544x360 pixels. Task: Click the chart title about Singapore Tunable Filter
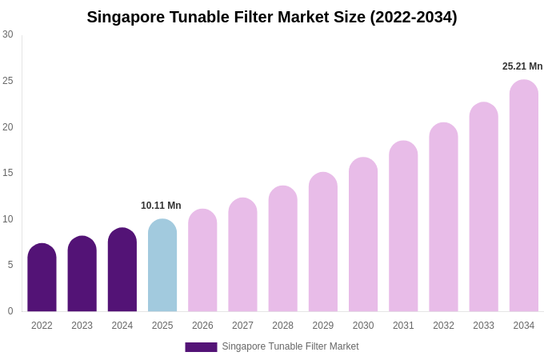[x=272, y=17]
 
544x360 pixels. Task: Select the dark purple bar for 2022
[x=42, y=278]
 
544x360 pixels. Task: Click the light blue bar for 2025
[x=162, y=266]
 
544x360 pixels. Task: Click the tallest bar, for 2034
[x=524, y=196]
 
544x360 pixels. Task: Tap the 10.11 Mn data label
[x=161, y=206]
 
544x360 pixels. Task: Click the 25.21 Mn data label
[x=522, y=66]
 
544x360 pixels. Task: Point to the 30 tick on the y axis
[x=8, y=34]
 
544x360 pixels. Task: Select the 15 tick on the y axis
[x=8, y=173]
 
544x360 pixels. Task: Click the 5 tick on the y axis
[x=10, y=265]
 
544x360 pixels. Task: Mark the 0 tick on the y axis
[x=10, y=311]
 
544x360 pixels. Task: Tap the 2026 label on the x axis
[x=202, y=326]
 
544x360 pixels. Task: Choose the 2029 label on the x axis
[x=323, y=326]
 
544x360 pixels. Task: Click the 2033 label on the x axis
[x=483, y=326]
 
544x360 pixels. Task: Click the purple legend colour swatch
[x=201, y=347]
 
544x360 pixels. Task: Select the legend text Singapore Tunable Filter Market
[x=290, y=346]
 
